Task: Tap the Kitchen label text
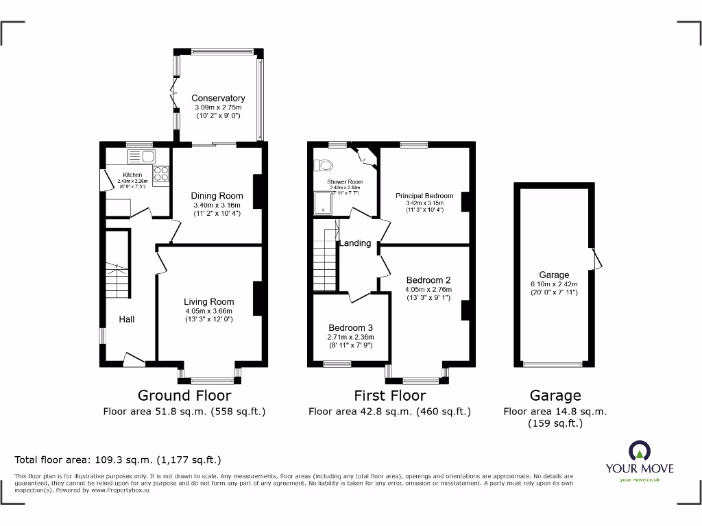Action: pos(132,175)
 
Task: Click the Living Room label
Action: pos(208,301)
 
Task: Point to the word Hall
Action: pos(127,319)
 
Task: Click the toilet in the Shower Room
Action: pos(323,164)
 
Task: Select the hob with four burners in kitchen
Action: pos(162,175)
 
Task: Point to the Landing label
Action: pos(356,243)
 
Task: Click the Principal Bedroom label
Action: pos(424,196)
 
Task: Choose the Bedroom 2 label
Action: pos(428,280)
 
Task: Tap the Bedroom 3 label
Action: pos(350,327)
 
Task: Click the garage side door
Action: pos(596,260)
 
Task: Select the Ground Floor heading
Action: pos(184,395)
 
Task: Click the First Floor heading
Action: pos(389,395)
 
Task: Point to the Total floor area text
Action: pos(118,460)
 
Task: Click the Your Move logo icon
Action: pos(639,451)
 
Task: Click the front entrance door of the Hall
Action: pos(133,358)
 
